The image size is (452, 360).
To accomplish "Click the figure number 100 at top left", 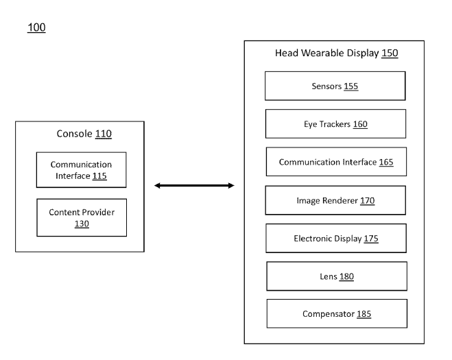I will click(x=36, y=28).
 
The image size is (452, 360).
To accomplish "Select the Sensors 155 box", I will click(x=335, y=86).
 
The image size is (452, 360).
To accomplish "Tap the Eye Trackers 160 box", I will click(x=335, y=124).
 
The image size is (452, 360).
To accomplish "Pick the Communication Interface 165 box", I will click(x=336, y=162).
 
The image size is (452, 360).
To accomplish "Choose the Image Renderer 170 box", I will click(x=335, y=200).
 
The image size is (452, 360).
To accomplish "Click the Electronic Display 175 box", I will click(x=335, y=239).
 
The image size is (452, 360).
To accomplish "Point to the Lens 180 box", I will click(x=336, y=276).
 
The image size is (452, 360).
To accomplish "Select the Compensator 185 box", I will click(x=336, y=314).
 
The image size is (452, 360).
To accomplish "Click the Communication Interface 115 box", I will click(x=81, y=170).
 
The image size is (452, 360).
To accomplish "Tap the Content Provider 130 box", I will click(x=81, y=217).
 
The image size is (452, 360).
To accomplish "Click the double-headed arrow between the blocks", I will click(x=195, y=185).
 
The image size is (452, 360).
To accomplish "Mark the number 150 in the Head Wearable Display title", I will click(x=390, y=53).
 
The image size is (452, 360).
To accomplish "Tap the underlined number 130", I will click(x=82, y=224).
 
